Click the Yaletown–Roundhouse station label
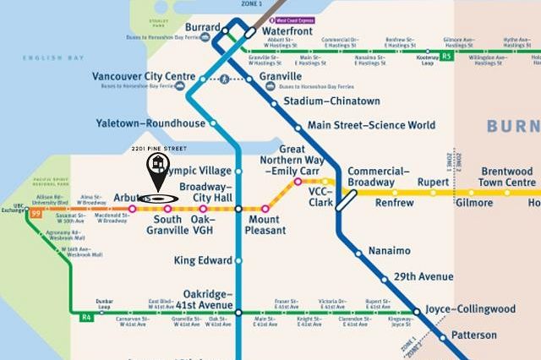tap(150, 123)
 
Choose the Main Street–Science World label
tap(371, 126)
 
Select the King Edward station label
tap(202, 260)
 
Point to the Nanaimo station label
tap(390, 251)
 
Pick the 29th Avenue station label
tap(424, 276)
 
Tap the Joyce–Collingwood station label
tap(471, 309)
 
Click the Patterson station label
tap(474, 335)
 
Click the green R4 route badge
tap(85, 318)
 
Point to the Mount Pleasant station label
tap(267, 225)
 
